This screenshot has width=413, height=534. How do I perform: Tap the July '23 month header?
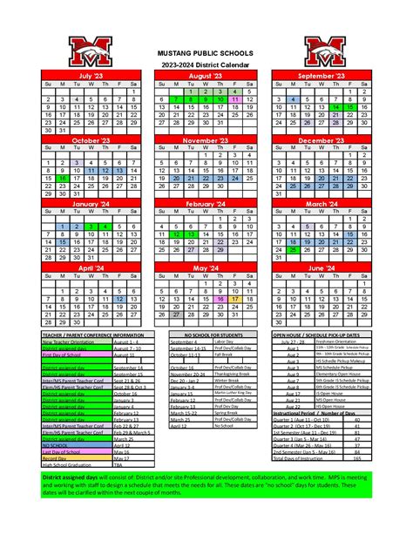(x=91, y=76)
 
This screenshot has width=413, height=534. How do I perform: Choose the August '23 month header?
(x=206, y=76)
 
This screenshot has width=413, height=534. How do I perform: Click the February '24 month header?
(x=206, y=203)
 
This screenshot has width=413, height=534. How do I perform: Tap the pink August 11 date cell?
(x=234, y=100)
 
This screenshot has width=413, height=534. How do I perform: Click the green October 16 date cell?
(x=63, y=178)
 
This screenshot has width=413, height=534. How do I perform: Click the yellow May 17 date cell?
(x=234, y=298)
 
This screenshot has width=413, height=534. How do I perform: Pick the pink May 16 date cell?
(x=220, y=298)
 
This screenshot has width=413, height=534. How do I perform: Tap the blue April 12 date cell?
(x=119, y=298)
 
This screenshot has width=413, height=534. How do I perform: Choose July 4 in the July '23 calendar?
(x=78, y=100)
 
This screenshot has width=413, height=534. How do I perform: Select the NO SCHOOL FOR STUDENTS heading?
(x=206, y=335)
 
